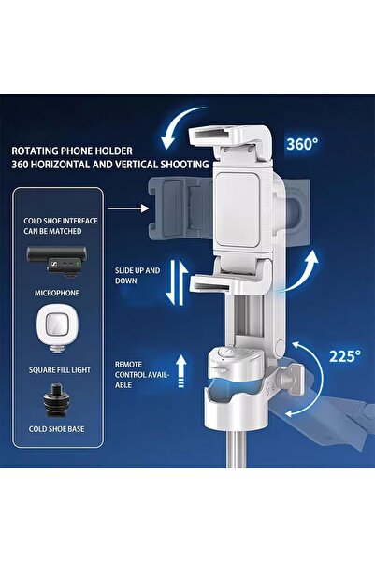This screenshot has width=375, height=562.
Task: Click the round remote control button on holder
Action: (224, 355)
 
